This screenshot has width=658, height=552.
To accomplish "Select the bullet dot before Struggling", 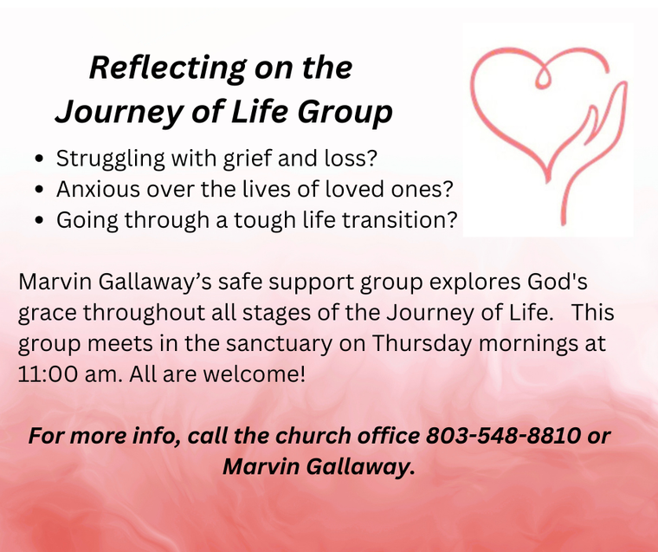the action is [40, 159].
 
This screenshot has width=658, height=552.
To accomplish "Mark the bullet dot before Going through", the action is [40, 220].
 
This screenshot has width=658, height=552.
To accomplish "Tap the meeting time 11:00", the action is [48, 373].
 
